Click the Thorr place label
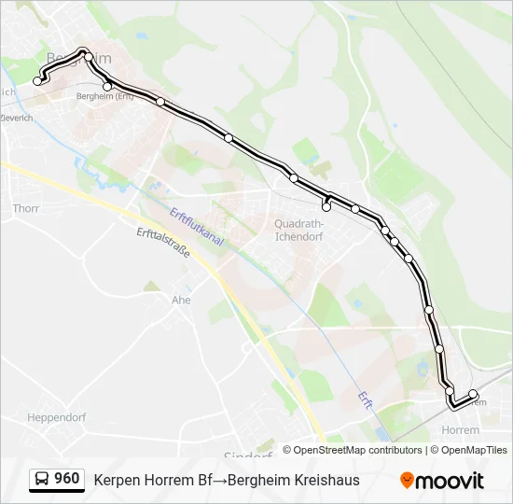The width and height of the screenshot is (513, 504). point(26,208)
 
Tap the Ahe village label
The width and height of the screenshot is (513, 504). point(181,300)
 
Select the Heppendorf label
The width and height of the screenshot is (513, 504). point(57,416)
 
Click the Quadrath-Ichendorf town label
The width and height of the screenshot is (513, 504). point(299,230)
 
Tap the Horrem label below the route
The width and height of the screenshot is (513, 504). point(461,430)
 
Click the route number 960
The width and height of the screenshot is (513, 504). point(67,479)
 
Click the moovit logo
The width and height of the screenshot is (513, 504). point(442,481)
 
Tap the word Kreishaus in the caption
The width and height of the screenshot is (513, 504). point(327,480)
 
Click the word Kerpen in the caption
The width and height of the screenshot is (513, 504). point(116,480)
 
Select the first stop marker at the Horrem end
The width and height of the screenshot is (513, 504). point(473,394)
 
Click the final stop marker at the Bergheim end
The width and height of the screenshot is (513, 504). point(38,81)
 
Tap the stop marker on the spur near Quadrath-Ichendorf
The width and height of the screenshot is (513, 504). point(326,206)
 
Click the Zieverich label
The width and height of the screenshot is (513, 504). point(16,119)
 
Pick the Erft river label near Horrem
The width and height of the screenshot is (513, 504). point(366,399)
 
